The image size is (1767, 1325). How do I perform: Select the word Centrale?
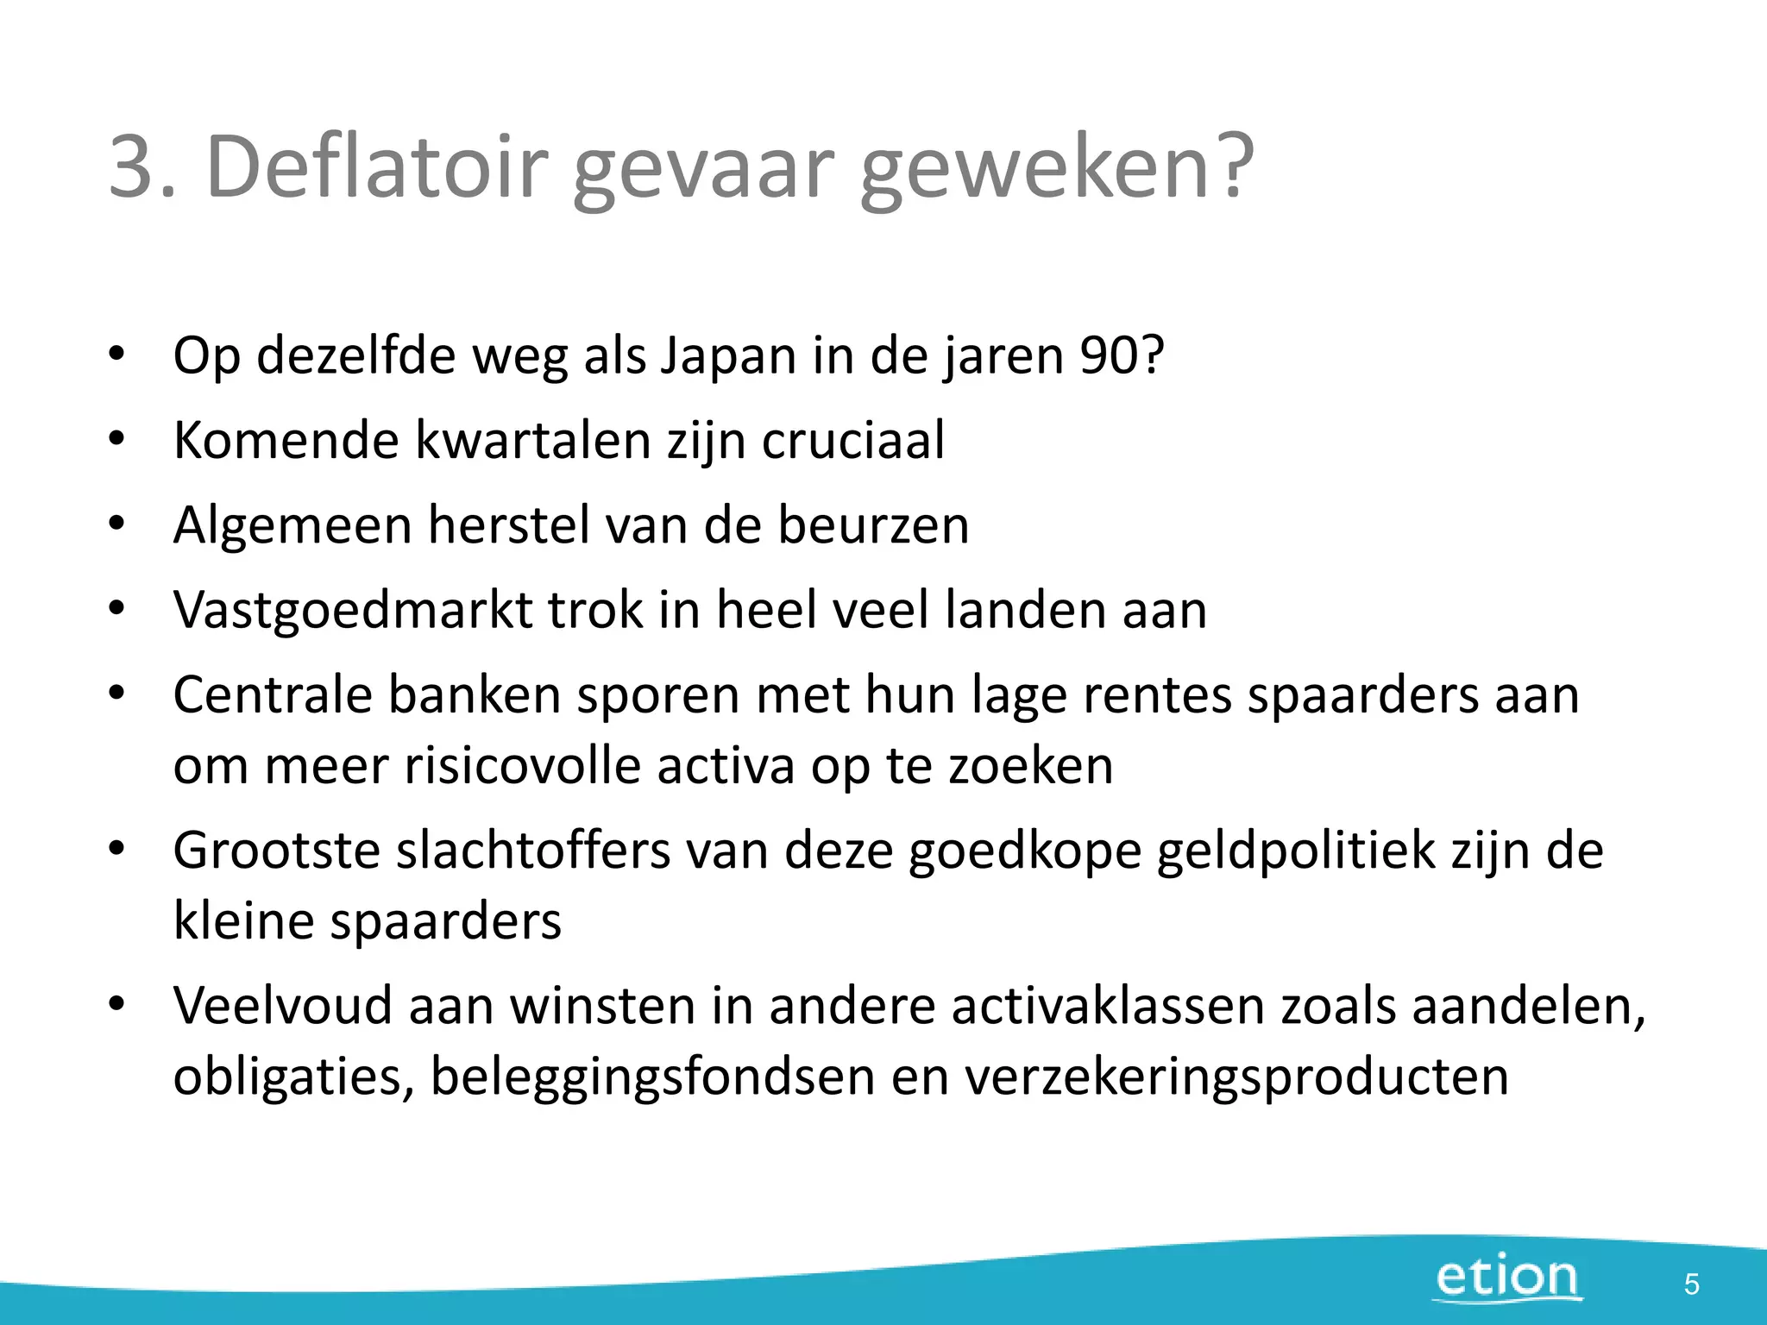[273, 694]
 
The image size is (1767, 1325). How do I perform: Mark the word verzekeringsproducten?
[1236, 1077]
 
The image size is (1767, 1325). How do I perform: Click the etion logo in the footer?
[1507, 1278]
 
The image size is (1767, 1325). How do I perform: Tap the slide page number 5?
[1691, 1284]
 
